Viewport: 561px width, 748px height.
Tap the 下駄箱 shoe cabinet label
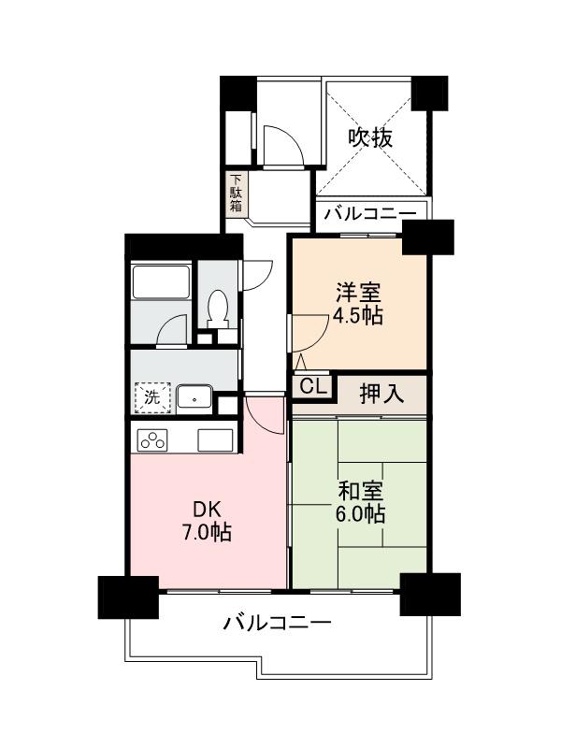237,193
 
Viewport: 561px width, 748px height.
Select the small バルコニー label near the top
369,214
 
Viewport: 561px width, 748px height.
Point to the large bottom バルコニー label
277,623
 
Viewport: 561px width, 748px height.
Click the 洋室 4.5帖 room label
358,303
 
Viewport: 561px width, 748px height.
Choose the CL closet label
312,386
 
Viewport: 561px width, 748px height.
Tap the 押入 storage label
381,394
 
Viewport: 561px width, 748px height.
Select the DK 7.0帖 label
207,521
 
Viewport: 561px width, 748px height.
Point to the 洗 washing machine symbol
151,396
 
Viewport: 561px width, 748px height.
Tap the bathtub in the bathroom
161,282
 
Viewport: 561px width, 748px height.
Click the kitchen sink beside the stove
216,439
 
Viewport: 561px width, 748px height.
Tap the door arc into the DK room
266,412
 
